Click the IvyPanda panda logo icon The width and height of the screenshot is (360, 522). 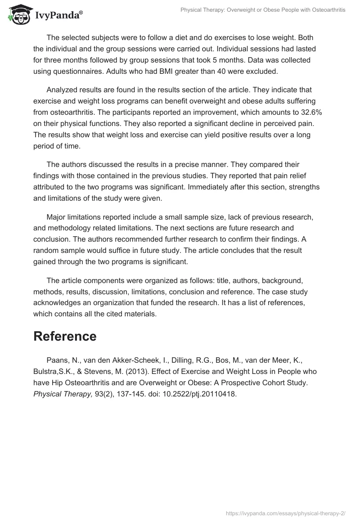(x=18, y=15)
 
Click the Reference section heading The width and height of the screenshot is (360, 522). (x=65, y=336)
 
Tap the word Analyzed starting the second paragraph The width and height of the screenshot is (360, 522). (x=62, y=90)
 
